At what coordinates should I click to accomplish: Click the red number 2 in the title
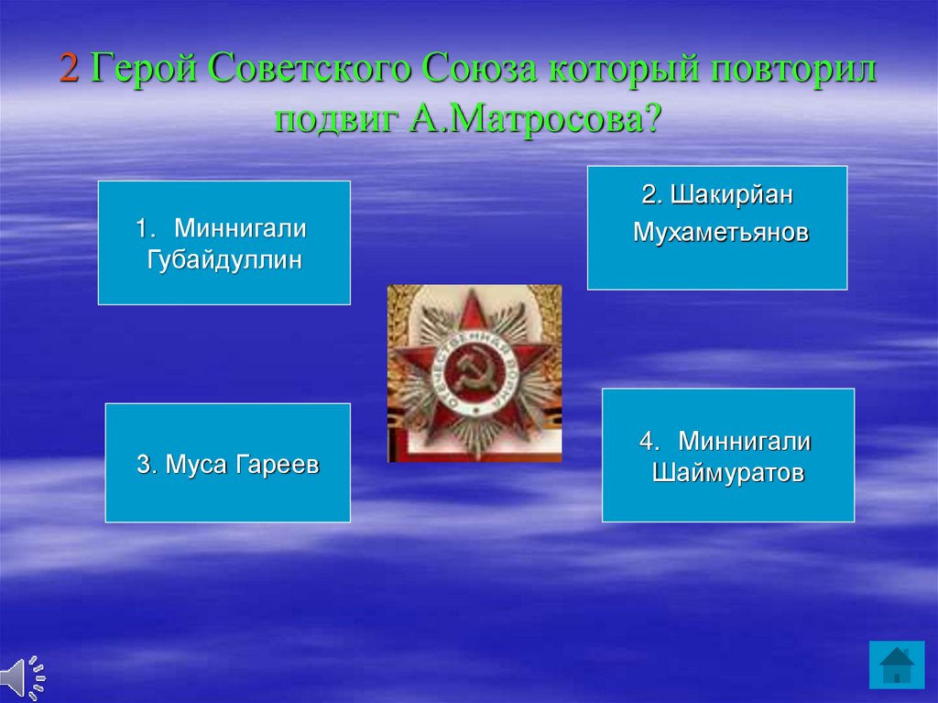pyautogui.click(x=69, y=68)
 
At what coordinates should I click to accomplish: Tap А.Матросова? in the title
pyautogui.click(x=535, y=117)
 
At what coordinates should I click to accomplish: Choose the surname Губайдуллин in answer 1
pyautogui.click(x=224, y=260)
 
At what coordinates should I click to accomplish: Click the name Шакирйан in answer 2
pyautogui.click(x=732, y=194)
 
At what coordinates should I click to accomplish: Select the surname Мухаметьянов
pyautogui.click(x=721, y=232)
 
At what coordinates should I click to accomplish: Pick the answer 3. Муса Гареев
pyautogui.click(x=228, y=464)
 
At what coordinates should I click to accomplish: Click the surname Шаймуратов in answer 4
pyautogui.click(x=728, y=473)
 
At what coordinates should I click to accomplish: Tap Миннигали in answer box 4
pyautogui.click(x=744, y=441)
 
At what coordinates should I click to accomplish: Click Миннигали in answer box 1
pyautogui.click(x=240, y=228)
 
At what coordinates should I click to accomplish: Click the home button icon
pyautogui.click(x=897, y=665)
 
